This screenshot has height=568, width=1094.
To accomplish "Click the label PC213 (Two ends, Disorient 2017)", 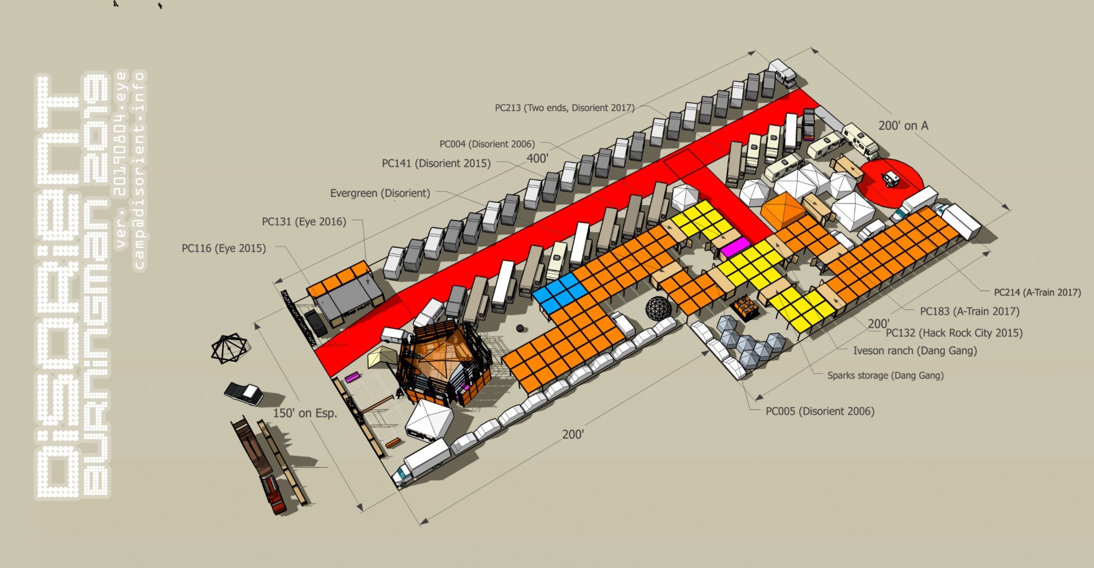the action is pyautogui.click(x=564, y=108).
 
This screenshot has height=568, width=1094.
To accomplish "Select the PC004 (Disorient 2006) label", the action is pyautogui.click(x=487, y=144).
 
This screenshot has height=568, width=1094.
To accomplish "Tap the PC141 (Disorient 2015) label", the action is pyautogui.click(x=436, y=163).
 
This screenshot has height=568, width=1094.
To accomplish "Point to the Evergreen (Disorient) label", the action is pyautogui.click(x=380, y=193).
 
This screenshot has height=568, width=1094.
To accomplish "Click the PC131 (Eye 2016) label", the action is pyautogui.click(x=304, y=221).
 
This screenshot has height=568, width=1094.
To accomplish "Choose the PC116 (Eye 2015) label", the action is pyautogui.click(x=223, y=249).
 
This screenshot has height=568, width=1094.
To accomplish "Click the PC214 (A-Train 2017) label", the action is pyautogui.click(x=1037, y=292).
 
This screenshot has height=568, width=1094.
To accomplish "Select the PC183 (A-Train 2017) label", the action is pyautogui.click(x=969, y=311).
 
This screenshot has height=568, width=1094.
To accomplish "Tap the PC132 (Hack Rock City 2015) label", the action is pyautogui.click(x=954, y=333).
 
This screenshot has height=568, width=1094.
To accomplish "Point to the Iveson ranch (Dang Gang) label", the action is pyautogui.click(x=915, y=351).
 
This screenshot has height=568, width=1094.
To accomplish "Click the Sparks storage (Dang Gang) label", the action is pyautogui.click(x=886, y=375).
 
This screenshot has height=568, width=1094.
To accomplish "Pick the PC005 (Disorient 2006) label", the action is pyautogui.click(x=820, y=411).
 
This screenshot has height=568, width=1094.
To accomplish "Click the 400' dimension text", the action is pyautogui.click(x=537, y=159).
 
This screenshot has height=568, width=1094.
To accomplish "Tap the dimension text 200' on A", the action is pyautogui.click(x=903, y=126).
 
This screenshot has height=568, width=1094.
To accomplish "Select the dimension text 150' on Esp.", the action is pyautogui.click(x=305, y=413).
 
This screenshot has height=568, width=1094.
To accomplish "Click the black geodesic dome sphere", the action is pyautogui.click(x=659, y=308).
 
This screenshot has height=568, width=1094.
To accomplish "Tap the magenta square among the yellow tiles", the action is pyautogui.click(x=735, y=247).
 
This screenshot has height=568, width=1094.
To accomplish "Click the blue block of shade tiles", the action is pyautogui.click(x=559, y=294).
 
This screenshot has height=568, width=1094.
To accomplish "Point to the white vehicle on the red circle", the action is pyautogui.click(x=892, y=179).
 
